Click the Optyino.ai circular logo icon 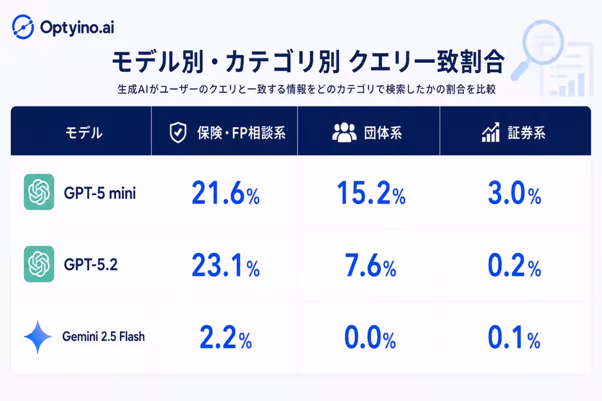point(23,27)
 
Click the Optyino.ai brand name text point(77,28)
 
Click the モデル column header point(84,133)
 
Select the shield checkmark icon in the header point(178,132)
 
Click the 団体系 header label point(383,133)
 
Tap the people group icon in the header point(344,132)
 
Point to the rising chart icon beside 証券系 point(491,132)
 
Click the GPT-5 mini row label point(100,193)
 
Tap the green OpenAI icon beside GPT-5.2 point(39,264)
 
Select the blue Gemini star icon point(38,336)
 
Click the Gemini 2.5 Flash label point(103,336)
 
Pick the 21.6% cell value point(226,192)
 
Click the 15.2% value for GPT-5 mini point(371,192)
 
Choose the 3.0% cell point(514,192)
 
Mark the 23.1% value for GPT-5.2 point(226,265)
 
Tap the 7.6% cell point(370,265)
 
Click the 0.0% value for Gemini point(370,337)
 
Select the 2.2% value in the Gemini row point(226,337)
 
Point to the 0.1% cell point(514,337)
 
